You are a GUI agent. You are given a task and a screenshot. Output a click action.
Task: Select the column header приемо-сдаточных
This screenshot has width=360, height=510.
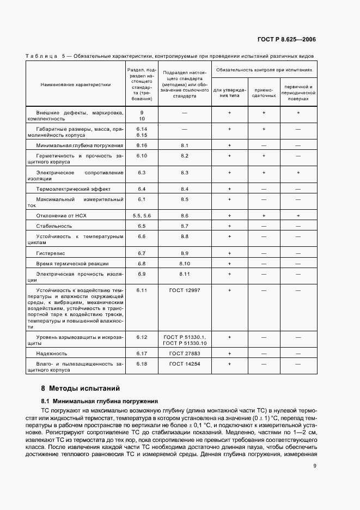(263, 92)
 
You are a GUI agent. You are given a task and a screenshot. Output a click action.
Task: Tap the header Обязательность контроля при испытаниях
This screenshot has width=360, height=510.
(264, 70)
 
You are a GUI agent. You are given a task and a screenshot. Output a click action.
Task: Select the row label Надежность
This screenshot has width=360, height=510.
(52, 353)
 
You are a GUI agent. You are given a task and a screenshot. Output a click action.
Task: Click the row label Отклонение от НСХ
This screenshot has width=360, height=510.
(61, 216)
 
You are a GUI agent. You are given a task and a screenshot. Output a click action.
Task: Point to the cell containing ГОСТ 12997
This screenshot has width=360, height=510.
(184, 290)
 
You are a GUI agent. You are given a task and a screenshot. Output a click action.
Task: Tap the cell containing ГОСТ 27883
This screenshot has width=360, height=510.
(184, 353)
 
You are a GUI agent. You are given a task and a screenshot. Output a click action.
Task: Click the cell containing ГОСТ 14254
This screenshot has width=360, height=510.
(184, 363)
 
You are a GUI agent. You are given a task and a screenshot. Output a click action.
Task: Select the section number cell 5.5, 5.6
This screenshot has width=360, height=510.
(142, 216)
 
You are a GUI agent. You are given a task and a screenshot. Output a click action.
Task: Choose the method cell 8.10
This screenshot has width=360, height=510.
(184, 263)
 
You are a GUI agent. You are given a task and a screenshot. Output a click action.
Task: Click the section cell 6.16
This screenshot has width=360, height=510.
(142, 145)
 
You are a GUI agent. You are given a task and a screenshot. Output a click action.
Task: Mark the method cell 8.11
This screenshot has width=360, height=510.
(184, 274)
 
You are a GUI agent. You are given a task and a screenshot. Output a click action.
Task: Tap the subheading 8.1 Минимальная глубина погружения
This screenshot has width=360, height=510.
(100, 400)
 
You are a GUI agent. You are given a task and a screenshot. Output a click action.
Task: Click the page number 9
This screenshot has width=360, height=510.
(315, 465)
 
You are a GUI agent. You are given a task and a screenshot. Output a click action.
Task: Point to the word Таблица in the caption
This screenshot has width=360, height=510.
(41, 56)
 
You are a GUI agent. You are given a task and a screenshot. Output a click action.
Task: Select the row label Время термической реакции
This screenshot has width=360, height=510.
(72, 263)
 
